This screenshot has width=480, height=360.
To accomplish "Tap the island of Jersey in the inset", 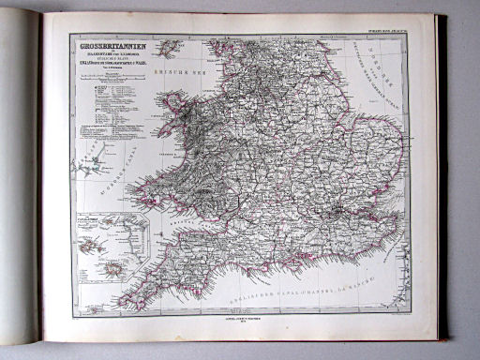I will pyautogui.click(x=115, y=269).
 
